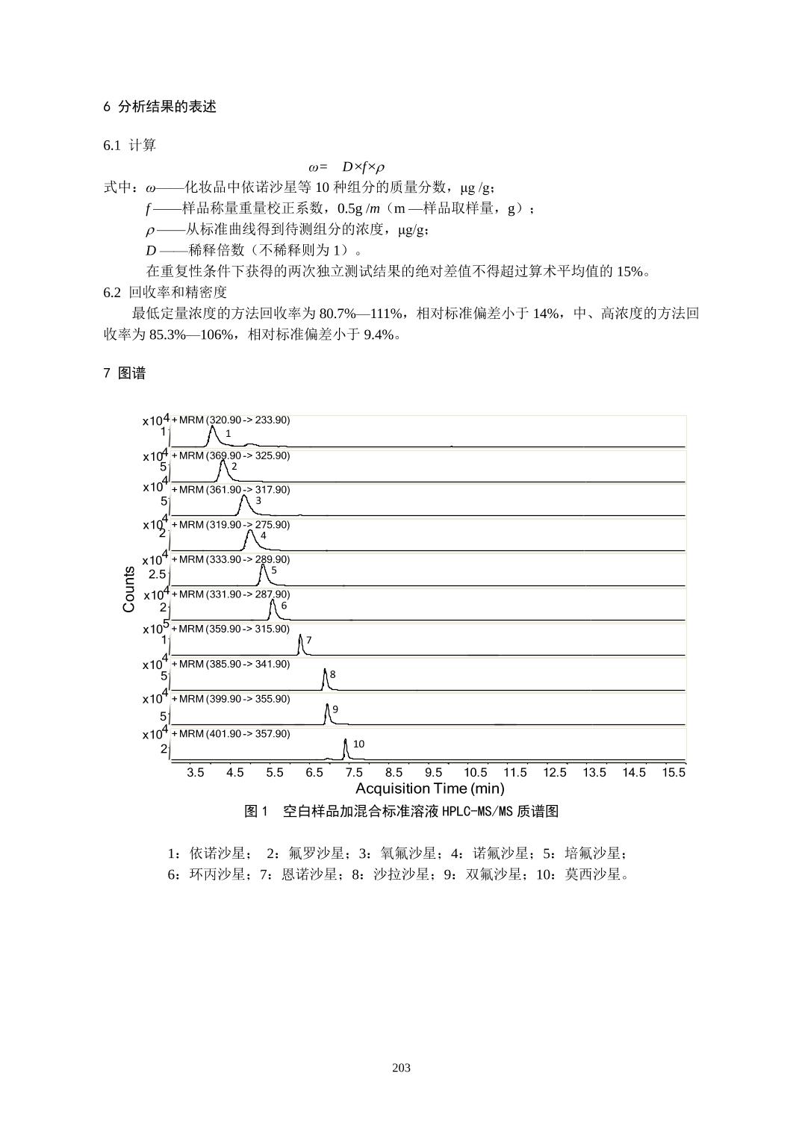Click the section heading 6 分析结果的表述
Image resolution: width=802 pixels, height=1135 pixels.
pos(160,107)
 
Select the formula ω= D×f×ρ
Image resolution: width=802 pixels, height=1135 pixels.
pos(346,166)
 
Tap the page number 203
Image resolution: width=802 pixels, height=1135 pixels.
pos(401,1067)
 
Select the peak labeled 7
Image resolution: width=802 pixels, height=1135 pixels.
pos(299,641)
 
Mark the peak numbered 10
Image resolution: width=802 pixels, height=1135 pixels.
pos(345,746)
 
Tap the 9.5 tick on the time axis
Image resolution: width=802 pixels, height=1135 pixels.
pos(433,773)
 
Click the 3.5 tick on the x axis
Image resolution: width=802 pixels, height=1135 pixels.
pos(195,773)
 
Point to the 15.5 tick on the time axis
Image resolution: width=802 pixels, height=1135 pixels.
pos(673,773)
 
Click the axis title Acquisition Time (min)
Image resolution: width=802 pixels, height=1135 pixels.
pos(429,789)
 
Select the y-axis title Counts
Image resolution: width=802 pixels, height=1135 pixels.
pos(129,589)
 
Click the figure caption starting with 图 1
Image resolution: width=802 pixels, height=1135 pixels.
pos(401,812)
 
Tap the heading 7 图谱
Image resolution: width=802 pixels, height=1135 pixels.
pos(125,373)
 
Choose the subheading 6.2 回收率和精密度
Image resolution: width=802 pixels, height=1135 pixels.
pos(165,292)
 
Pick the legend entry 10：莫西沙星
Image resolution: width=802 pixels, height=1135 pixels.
pos(583,874)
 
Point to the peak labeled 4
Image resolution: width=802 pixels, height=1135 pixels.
pos(250,538)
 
